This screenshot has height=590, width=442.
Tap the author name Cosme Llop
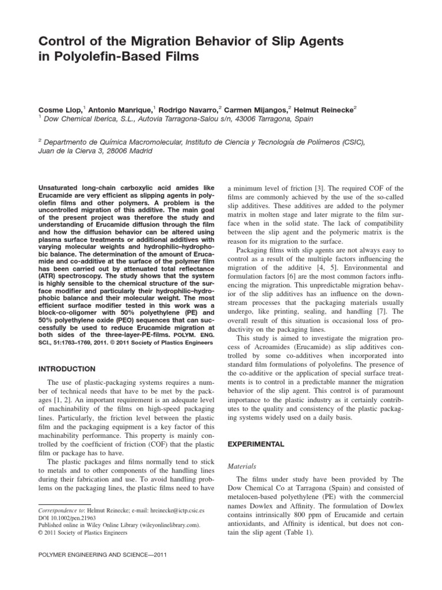click(x=60, y=108)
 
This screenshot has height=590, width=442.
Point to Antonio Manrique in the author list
click(x=122, y=108)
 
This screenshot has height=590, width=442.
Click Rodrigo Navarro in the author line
click(x=186, y=108)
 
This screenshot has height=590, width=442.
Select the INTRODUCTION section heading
click(x=67, y=368)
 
